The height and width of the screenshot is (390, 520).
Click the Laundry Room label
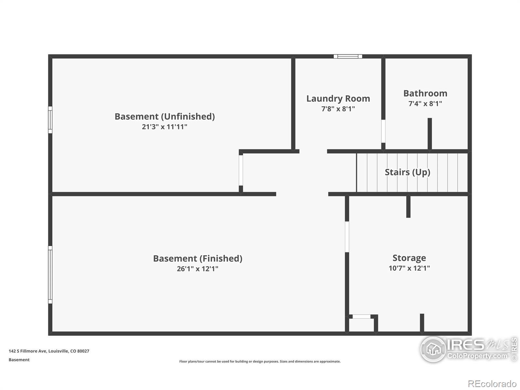tap(338, 98)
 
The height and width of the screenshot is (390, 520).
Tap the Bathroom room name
tap(425, 93)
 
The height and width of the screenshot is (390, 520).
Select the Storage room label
tap(409, 258)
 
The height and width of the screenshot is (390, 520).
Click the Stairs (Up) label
tap(408, 172)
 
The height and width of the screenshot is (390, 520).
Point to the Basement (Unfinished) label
tap(165, 116)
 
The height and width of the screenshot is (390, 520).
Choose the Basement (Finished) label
tap(198, 259)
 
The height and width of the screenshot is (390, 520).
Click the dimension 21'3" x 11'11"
tap(164, 127)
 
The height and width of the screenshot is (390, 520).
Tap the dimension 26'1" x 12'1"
tap(197, 269)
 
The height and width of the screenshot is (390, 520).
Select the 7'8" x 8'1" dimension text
tap(338, 109)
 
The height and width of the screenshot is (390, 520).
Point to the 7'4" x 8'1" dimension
tap(425, 103)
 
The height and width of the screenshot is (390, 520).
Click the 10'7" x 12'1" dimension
tap(409, 268)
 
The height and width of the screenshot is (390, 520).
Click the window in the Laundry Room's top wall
tap(348, 56)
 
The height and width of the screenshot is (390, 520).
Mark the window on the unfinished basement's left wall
tap(50, 120)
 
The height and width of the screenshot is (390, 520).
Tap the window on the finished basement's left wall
tap(50, 275)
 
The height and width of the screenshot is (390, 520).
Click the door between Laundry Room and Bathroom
tap(383, 131)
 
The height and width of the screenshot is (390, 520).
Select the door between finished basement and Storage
tap(347, 237)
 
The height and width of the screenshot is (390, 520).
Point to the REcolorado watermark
tap(492, 383)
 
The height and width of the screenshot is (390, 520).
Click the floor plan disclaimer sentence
tap(260, 361)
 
